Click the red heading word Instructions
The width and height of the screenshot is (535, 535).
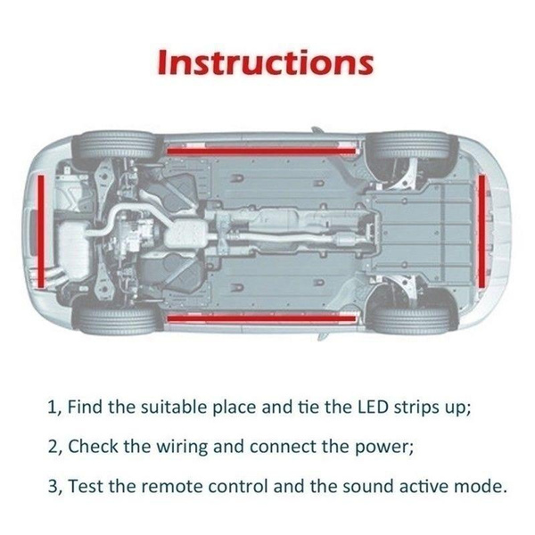tap(265, 63)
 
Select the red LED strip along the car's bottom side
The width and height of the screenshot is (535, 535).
tap(260, 317)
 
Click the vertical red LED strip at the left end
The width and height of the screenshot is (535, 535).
tap(41, 230)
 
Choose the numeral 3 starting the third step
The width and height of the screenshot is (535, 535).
tap(51, 487)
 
